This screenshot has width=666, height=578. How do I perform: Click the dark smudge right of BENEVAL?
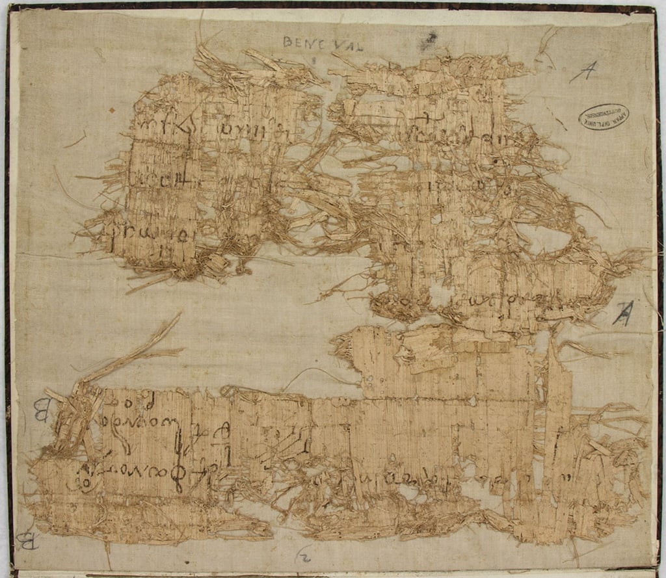point(428,43)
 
